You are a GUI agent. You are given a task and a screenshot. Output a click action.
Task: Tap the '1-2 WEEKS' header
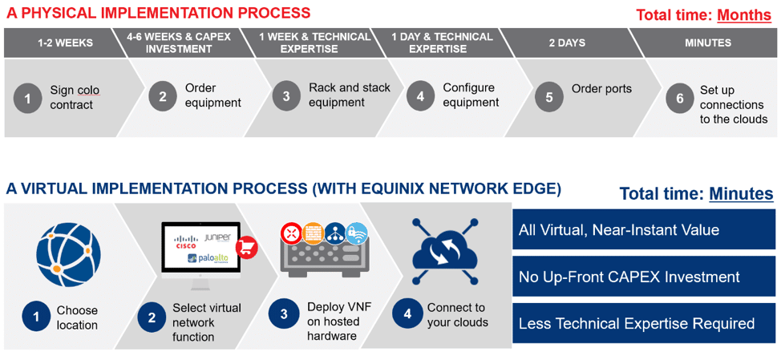65,42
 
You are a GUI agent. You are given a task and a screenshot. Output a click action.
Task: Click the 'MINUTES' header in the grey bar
708,42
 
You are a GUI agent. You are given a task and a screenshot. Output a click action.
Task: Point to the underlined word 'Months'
744,15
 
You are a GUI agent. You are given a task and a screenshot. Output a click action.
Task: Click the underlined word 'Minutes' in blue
741,194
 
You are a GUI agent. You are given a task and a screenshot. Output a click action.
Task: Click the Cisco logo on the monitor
186,241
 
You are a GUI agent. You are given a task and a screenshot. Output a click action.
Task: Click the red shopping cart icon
246,248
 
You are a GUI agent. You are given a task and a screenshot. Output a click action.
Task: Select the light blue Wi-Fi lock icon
356,233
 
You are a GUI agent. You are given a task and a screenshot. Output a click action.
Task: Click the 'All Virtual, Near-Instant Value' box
644,229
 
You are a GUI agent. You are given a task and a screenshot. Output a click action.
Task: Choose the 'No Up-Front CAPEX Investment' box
644,277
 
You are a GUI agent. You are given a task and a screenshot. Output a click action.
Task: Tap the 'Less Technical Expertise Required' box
644,324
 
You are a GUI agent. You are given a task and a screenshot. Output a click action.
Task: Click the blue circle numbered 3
283,314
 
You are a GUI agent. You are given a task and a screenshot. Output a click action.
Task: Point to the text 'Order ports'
601,89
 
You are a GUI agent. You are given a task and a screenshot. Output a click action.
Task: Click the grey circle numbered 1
27,99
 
